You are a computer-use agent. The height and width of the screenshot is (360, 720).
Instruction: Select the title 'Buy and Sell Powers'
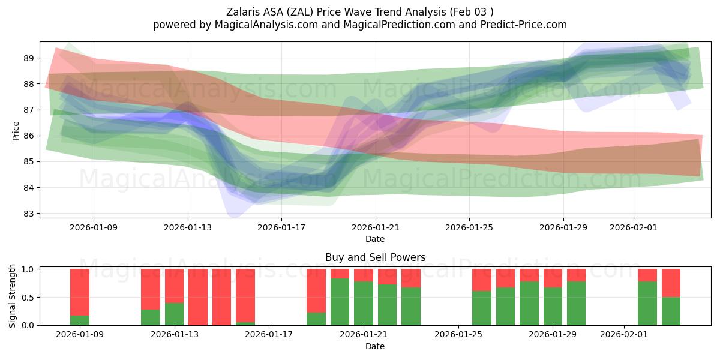pyautogui.click(x=375, y=257)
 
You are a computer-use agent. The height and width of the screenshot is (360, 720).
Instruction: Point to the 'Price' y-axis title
pyautogui.click(x=16, y=130)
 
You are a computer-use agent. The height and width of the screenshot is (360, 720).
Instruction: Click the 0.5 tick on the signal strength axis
pyautogui.click(x=28, y=298)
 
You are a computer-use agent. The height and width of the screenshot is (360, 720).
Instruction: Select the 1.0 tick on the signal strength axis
pyautogui.click(x=28, y=269)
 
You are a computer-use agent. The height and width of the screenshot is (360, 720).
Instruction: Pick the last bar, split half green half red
pyautogui.click(x=671, y=297)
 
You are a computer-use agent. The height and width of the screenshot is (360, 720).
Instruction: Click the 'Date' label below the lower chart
pyautogui.click(x=375, y=346)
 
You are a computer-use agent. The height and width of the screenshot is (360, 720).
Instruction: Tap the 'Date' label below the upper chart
pyautogui.click(x=375, y=239)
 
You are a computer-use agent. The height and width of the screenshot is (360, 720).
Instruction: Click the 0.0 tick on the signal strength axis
pyautogui.click(x=28, y=325)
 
